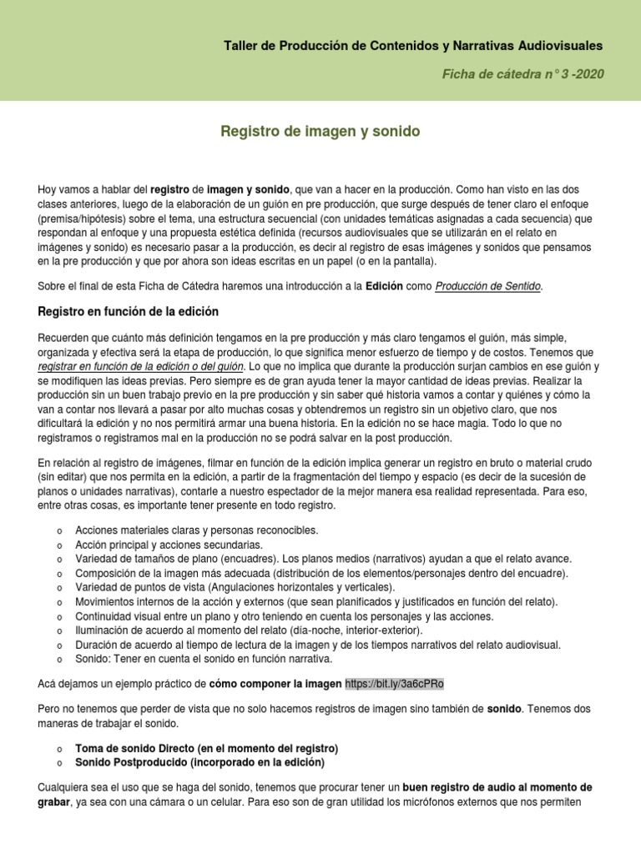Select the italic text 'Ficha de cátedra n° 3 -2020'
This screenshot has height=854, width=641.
[523, 74]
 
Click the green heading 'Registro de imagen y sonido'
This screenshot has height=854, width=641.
[320, 132]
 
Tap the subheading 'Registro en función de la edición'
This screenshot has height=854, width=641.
[129, 312]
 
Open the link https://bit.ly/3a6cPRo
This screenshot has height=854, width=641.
[394, 684]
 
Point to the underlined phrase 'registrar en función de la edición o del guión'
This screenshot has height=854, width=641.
[141, 366]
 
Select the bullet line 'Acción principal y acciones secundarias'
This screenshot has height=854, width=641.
[168, 544]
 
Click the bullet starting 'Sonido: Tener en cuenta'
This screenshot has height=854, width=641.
[203, 659]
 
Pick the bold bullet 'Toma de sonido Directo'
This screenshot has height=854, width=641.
[206, 748]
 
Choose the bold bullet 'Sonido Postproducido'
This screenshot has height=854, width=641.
[199, 762]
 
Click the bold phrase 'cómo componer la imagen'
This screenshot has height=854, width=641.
[275, 684]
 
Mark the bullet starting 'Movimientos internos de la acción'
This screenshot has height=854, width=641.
[317, 601]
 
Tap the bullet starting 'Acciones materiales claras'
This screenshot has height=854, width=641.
[196, 530]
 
